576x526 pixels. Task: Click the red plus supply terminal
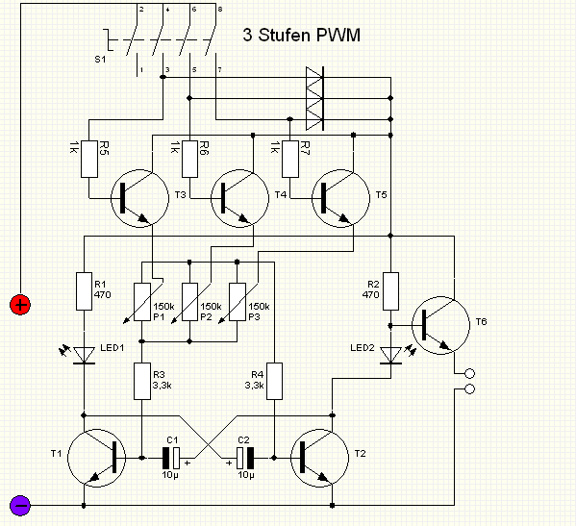[x=20, y=305]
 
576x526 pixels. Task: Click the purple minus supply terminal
[x=20, y=506]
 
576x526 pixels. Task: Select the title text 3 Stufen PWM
[x=301, y=35]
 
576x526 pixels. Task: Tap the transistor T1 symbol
[x=96, y=458]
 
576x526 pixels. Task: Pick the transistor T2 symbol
[x=319, y=458]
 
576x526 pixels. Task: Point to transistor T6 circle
[x=440, y=325]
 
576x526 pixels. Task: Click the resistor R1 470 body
[x=84, y=291]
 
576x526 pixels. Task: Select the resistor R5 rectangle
[x=89, y=159]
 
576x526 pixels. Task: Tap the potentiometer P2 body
[x=189, y=302]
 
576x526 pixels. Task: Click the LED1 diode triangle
[x=84, y=355]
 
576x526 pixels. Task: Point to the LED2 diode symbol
[x=390, y=355]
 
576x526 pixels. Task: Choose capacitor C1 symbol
[x=171, y=458]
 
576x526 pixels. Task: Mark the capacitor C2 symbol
[x=245, y=458]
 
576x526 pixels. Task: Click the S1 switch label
[x=100, y=59]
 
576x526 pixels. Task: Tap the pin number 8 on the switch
[x=220, y=10]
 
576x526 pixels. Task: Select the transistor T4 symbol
[x=239, y=198]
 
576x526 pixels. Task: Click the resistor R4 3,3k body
[x=274, y=381]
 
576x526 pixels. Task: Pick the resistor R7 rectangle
[x=290, y=159]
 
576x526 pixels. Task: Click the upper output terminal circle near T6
[x=470, y=373]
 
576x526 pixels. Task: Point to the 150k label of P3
[x=259, y=306]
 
